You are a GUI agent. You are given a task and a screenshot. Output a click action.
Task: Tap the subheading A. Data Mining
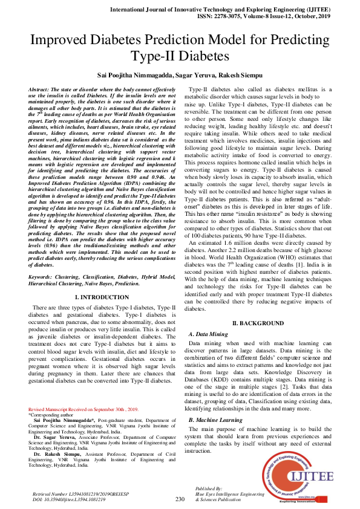[x=209, y=334]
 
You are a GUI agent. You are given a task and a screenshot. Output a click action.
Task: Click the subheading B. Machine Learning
[x=217, y=420]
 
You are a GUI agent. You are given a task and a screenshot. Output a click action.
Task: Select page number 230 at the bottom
[x=180, y=499]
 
